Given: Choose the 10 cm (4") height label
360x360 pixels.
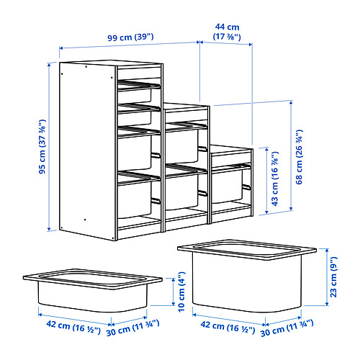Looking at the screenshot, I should [x=184, y=294].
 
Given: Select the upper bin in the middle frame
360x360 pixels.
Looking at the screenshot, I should [x=182, y=143].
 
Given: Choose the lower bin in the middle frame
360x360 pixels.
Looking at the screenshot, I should [x=182, y=191].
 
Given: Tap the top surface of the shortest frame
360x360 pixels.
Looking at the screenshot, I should [x=230, y=150].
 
